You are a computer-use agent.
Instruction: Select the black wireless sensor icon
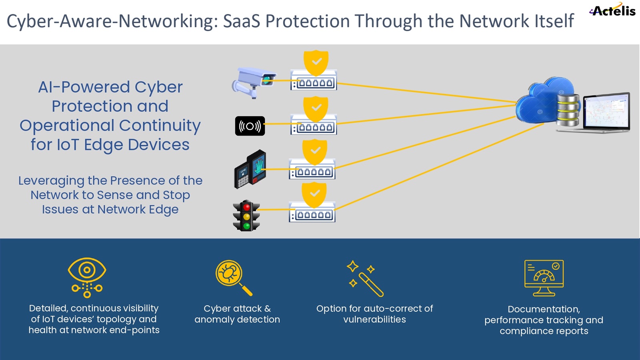tap(250, 126)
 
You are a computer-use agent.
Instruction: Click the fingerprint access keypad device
tap(250, 169)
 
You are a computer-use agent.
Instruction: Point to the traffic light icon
tap(246, 216)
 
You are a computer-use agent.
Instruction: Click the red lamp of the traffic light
tap(246, 207)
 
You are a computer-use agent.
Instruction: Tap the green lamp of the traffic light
tap(246, 226)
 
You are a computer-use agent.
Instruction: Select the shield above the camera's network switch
tap(316, 62)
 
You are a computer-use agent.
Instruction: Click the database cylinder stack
tap(568, 110)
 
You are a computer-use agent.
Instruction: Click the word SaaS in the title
tap(242, 21)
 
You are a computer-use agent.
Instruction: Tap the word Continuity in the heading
tap(160, 126)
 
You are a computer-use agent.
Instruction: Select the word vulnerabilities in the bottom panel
tap(374, 320)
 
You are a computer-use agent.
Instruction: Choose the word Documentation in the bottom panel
tap(544, 309)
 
